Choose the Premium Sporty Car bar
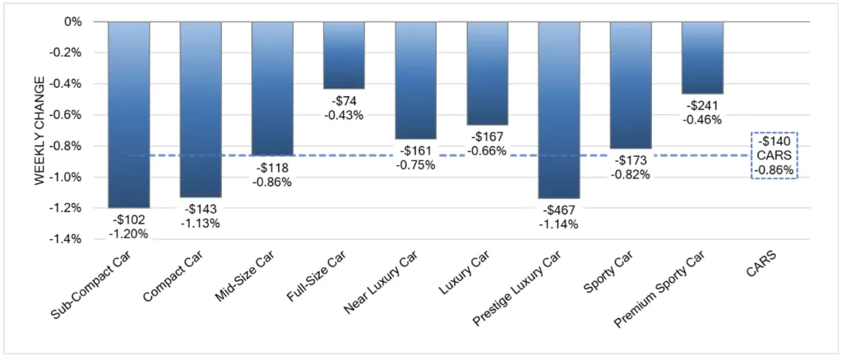pyautogui.click(x=702, y=58)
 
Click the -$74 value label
pyautogui.click(x=344, y=101)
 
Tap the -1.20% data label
pyautogui.click(x=129, y=233)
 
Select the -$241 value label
pyautogui.click(x=702, y=105)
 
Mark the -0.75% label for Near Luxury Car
pyautogui.click(x=415, y=164)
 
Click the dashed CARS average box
pyautogui.click(x=774, y=155)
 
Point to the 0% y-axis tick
pyautogui.click(x=72, y=22)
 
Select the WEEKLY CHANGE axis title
pyautogui.click(x=39, y=132)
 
